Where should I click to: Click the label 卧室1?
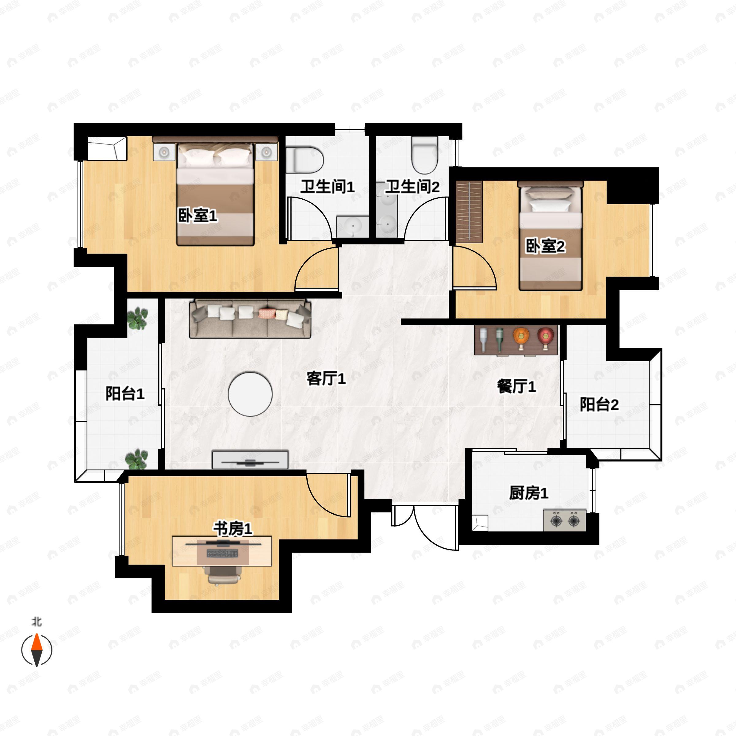(x=198, y=216)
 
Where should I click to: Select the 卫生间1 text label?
(x=327, y=187)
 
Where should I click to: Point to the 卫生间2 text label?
(x=412, y=187)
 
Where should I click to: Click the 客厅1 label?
(x=326, y=379)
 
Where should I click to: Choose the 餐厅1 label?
(x=516, y=386)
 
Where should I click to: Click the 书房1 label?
(x=232, y=529)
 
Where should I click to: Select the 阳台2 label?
(x=599, y=404)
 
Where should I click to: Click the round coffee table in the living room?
(x=250, y=394)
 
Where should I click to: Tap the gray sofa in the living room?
(x=250, y=319)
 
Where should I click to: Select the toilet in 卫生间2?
(x=424, y=155)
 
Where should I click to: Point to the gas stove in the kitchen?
(x=565, y=520)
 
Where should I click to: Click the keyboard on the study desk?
(x=222, y=553)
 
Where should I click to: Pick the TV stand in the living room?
(x=250, y=459)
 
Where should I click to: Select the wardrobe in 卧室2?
(x=469, y=212)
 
